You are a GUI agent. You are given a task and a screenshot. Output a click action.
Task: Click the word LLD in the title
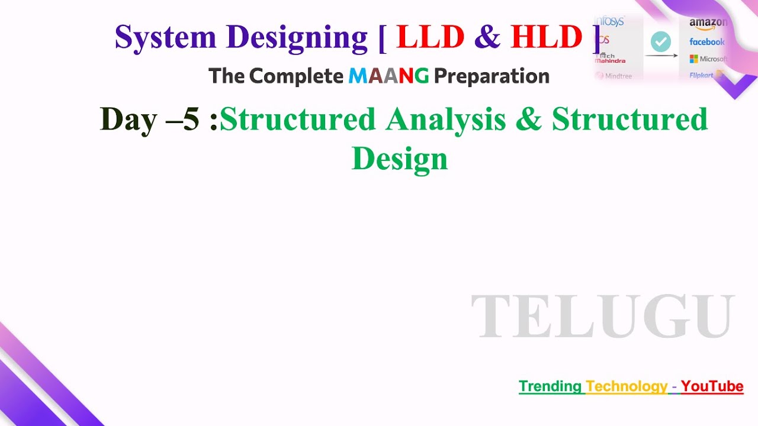[430, 37]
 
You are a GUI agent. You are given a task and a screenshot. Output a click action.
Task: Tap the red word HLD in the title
[546, 37]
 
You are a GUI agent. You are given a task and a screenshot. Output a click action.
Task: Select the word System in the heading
[165, 37]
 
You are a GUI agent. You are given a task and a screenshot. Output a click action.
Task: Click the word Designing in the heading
[297, 38]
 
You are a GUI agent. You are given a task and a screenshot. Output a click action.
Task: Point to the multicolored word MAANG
[388, 76]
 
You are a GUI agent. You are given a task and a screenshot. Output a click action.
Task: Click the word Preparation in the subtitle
[492, 76]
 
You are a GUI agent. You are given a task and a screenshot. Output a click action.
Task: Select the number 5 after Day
[191, 119]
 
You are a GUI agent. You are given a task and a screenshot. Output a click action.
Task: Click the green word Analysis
[446, 119]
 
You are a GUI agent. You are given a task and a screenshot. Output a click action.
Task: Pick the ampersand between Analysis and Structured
[529, 119]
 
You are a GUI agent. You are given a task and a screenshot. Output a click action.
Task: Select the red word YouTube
[712, 386]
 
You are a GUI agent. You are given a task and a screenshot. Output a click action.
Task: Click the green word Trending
[550, 386]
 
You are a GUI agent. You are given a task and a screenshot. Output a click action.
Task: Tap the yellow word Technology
[627, 386]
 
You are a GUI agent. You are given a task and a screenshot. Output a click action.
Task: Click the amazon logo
[708, 23]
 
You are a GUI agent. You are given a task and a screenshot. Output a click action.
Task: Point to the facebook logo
[707, 42]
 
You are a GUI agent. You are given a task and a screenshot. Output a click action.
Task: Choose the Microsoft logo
[708, 59]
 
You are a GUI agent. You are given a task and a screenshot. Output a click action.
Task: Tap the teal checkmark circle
[661, 41]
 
